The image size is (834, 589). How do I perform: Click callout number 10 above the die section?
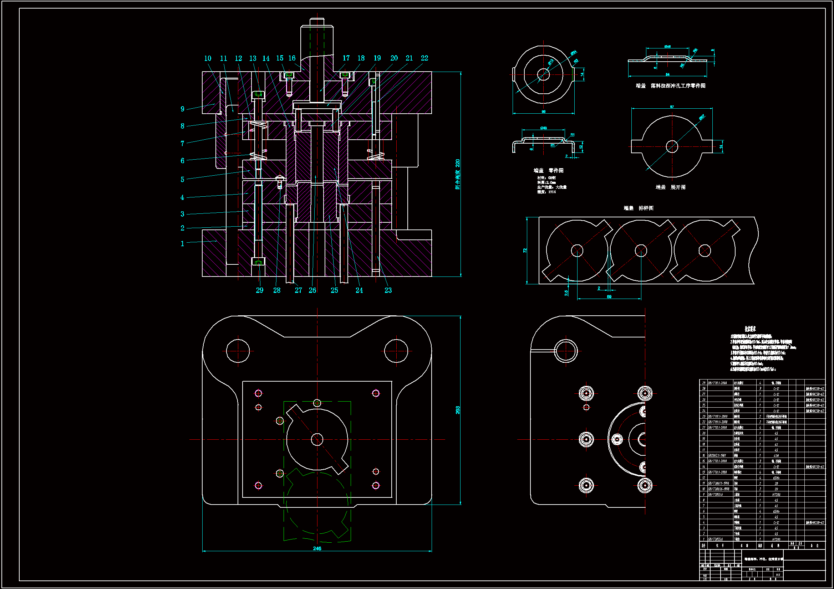tap(207, 58)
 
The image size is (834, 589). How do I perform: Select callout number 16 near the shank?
tap(292, 58)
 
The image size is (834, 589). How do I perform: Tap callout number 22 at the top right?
tap(424, 58)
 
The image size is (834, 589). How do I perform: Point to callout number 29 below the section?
tap(259, 290)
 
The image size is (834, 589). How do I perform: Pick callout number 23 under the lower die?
tap(388, 290)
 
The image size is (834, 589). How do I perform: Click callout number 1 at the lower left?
tap(182, 244)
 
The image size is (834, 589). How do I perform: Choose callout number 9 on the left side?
tap(182, 109)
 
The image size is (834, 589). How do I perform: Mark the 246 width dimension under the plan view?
tap(317, 548)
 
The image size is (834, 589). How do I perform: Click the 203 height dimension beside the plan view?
tap(458, 410)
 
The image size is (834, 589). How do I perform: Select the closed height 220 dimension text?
tap(458, 174)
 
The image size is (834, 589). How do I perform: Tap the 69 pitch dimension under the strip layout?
tap(609, 297)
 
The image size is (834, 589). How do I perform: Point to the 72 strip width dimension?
tap(525, 250)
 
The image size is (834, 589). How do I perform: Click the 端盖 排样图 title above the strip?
tap(638, 208)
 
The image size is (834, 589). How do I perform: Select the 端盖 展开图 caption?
tap(671, 187)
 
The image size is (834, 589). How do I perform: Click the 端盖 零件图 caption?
tap(549, 171)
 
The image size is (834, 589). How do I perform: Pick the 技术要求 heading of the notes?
tap(750, 329)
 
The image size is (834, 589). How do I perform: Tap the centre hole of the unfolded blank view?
tap(672, 146)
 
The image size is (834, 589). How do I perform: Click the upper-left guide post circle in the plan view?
tap(238, 351)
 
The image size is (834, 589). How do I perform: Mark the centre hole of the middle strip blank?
tap(641, 250)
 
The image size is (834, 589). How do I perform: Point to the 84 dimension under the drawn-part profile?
tap(667, 74)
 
